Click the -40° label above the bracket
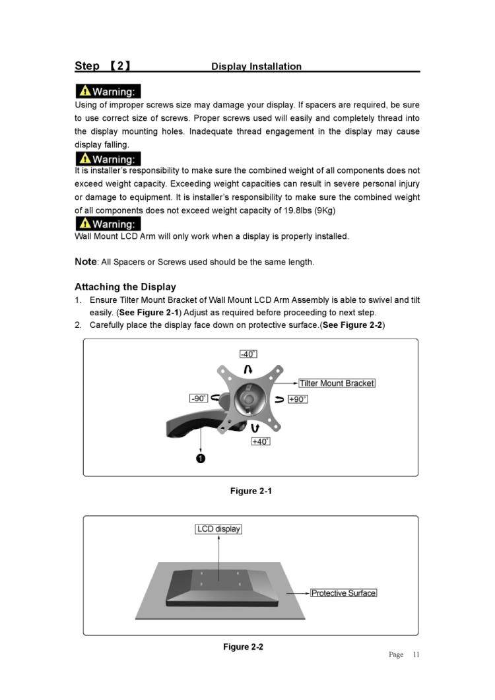pyautogui.click(x=248, y=354)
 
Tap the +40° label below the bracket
pyautogui.click(x=261, y=441)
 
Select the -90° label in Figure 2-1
pyautogui.click(x=198, y=398)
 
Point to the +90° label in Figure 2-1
pyautogui.click(x=298, y=399)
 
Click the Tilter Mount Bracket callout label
pyautogui.click(x=337, y=383)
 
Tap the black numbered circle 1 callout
pyautogui.click(x=201, y=459)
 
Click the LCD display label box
pyautogui.click(x=218, y=529)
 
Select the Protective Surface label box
pyautogui.click(x=343, y=593)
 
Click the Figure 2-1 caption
pyautogui.click(x=251, y=491)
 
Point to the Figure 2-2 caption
pyautogui.click(x=243, y=647)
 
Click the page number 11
pyautogui.click(x=416, y=654)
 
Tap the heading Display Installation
pyautogui.click(x=256, y=67)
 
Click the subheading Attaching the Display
pyautogui.click(x=125, y=287)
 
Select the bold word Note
pyautogui.click(x=85, y=261)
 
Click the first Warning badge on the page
pyautogui.click(x=108, y=92)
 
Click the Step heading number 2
pyautogui.click(x=119, y=66)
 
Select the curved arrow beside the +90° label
pyautogui.click(x=279, y=399)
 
